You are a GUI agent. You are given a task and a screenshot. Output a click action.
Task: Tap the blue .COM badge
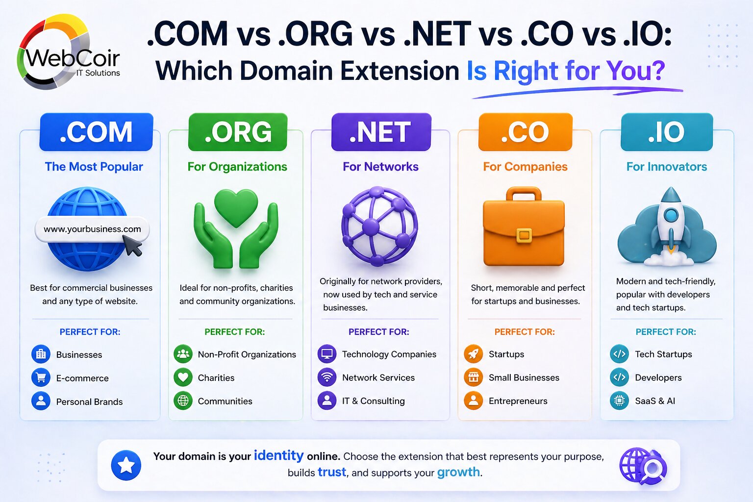click(x=96, y=132)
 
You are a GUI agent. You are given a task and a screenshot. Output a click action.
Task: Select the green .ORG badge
click(x=238, y=132)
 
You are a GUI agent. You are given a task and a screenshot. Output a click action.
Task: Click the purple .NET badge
click(x=381, y=132)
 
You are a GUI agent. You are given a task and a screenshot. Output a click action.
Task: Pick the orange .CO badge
click(x=525, y=132)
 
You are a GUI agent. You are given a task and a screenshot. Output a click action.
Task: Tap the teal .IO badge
click(x=666, y=132)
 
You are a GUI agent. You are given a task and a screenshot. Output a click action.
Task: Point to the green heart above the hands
click(x=236, y=207)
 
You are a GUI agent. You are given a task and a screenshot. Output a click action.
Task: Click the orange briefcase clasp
click(x=524, y=235)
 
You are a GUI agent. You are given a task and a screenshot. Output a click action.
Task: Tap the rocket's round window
click(x=670, y=215)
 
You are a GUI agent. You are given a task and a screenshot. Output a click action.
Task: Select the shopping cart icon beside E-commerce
click(x=41, y=377)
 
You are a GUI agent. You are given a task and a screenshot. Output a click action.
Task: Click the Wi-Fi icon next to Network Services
click(x=326, y=377)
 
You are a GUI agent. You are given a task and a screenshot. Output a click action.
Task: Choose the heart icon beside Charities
click(x=183, y=377)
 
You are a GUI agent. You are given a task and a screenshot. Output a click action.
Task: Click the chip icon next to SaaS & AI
click(x=619, y=401)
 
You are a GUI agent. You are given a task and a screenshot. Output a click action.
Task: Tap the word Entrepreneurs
click(x=518, y=401)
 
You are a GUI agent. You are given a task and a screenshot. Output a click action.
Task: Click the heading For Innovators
click(x=666, y=167)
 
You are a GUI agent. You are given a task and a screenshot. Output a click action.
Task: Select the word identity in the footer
click(x=278, y=455)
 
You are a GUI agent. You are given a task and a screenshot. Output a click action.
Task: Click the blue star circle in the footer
click(x=126, y=465)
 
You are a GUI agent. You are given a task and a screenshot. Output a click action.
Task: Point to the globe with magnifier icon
click(x=643, y=465)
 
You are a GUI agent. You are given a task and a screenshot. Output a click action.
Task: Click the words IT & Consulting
click(x=373, y=401)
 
